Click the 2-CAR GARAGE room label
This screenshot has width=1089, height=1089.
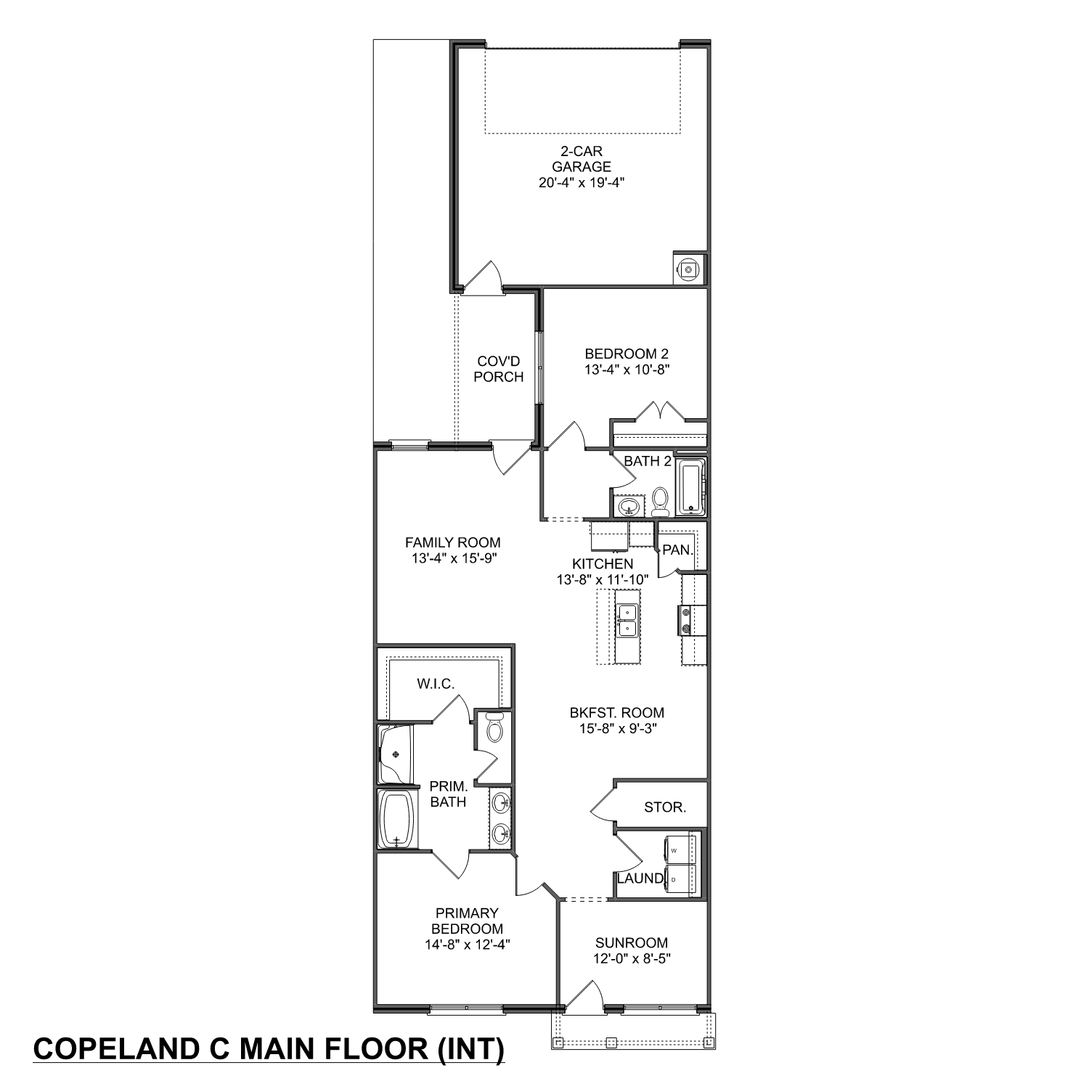tap(582, 159)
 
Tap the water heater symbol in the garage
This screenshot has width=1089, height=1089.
tap(688, 269)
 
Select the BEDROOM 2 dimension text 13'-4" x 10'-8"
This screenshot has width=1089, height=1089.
tap(627, 370)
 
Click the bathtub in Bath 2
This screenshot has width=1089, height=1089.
tap(690, 487)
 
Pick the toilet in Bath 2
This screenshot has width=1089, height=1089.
tap(660, 501)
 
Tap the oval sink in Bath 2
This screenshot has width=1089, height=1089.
tap(629, 506)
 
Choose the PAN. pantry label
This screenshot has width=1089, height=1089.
tap(677, 550)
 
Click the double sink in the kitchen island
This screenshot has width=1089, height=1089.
tap(627, 621)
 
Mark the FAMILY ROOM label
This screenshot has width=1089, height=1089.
tap(452, 542)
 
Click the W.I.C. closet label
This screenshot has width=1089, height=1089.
tap(436, 684)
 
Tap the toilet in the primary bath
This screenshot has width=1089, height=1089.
tap(494, 728)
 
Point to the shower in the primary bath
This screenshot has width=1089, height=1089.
tap(395, 754)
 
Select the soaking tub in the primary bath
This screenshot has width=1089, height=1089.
tap(396, 818)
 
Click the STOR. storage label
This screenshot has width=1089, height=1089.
tap(665, 807)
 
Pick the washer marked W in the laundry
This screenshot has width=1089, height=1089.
tap(680, 849)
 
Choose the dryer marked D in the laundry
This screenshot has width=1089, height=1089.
tap(680, 880)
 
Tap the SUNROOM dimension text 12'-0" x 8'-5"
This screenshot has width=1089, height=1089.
tap(631, 958)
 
